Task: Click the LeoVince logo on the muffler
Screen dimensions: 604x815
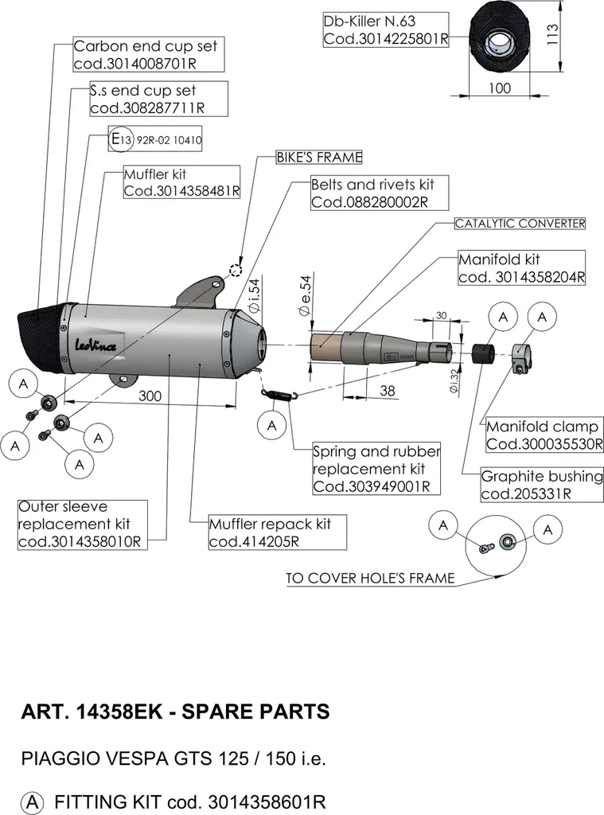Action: (95, 345)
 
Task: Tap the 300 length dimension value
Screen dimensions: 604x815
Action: (150, 396)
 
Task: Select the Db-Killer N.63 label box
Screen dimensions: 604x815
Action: (385, 30)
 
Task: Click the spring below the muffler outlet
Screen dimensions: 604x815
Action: (279, 396)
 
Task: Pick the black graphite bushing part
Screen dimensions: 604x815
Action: (482, 353)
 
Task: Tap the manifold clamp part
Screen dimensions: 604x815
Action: (520, 357)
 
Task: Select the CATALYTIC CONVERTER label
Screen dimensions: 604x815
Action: (520, 224)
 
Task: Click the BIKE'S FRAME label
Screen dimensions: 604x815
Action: (319, 158)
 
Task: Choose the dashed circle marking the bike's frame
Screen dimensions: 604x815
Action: (236, 271)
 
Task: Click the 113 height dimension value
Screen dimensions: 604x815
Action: (552, 34)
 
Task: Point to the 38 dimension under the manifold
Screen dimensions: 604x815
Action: (388, 390)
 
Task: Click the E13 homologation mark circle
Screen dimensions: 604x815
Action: (121, 138)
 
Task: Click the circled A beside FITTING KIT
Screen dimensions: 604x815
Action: (32, 802)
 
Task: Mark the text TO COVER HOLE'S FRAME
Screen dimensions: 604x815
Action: (370, 579)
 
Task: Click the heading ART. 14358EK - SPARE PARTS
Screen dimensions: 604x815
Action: (175, 712)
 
